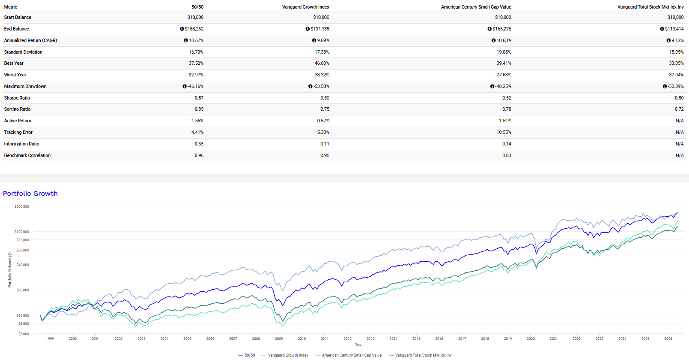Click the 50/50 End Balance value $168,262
pos(194,29)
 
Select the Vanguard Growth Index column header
pos(305,7)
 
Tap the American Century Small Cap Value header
pos(476,7)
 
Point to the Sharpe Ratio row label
pos(17,98)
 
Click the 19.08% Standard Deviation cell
pos(504,52)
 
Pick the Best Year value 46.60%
pos(322,63)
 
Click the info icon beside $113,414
pos(662,29)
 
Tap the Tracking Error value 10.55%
pos(504,132)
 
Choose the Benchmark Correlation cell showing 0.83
pos(507,155)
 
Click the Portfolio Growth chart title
pos(30,193)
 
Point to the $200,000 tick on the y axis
pos(22,206)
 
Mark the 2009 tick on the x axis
pos(279,339)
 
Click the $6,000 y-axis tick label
pos(24,334)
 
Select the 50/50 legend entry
pos(246,355)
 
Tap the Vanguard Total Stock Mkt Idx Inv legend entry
pos(420,355)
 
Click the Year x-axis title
pos(359,345)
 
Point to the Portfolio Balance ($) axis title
pos(10,270)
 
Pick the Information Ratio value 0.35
pos(199,144)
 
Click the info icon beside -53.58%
pos(310,87)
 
